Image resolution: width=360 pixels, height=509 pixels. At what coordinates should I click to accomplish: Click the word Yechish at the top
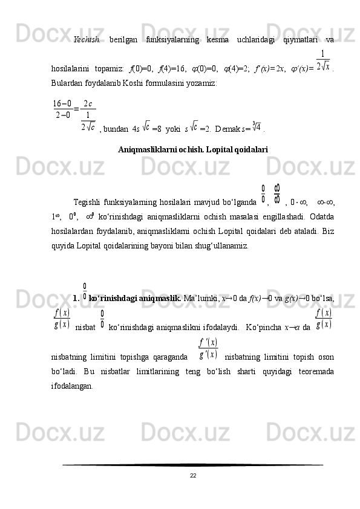86,40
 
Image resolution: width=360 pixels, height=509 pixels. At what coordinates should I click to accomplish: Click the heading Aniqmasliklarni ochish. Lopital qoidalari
192,148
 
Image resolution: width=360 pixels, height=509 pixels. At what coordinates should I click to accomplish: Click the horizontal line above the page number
192,464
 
